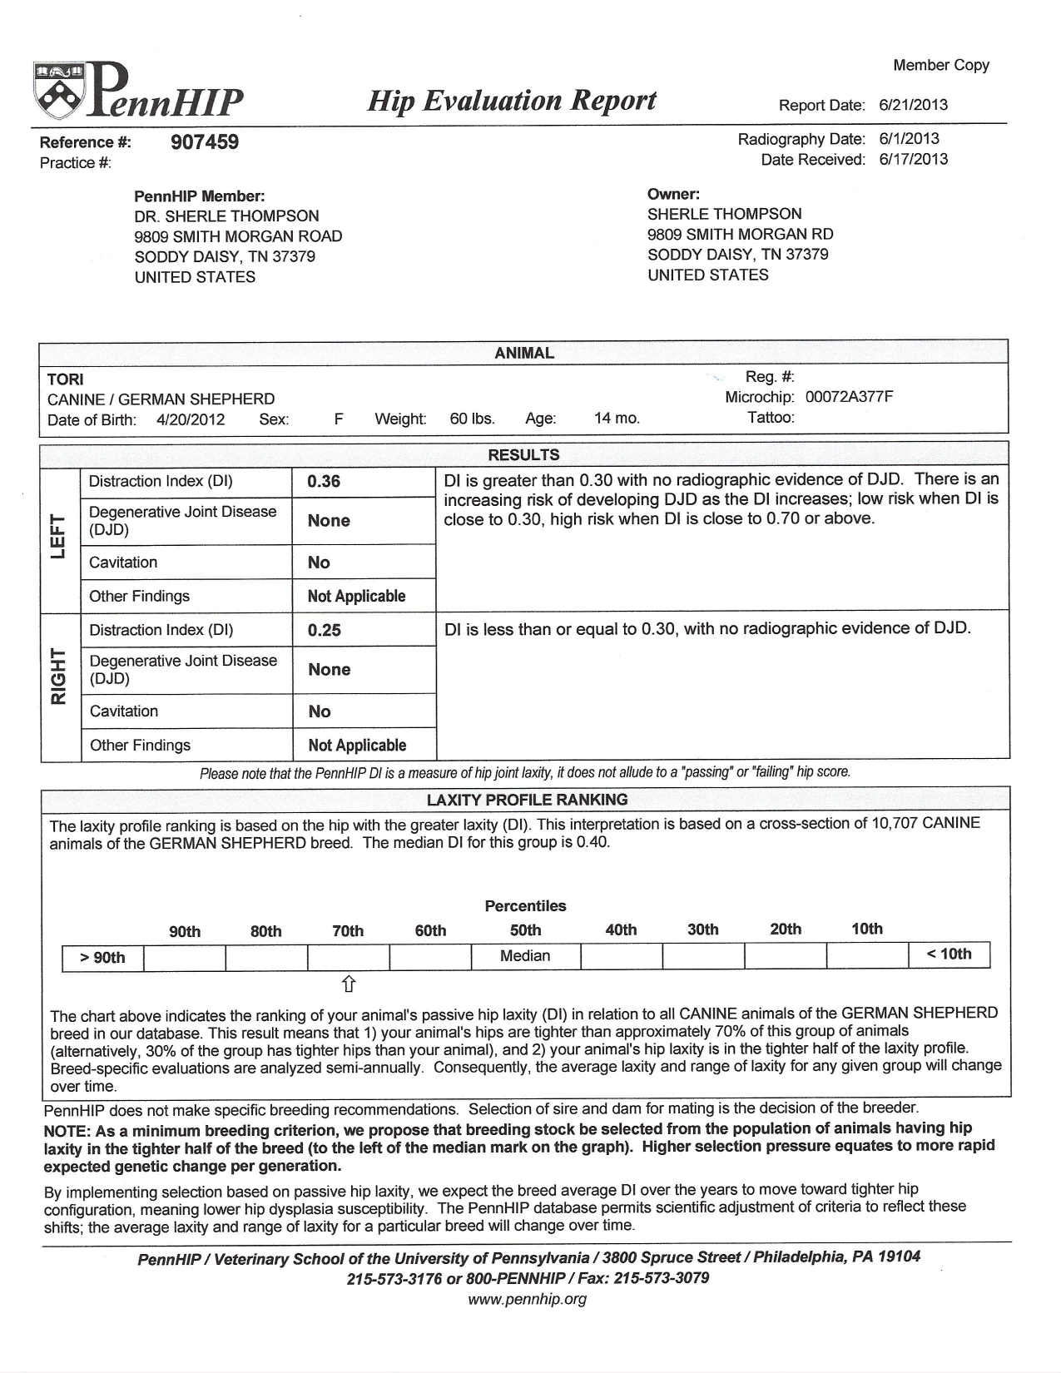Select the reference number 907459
click(x=205, y=142)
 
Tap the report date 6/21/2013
click(x=913, y=105)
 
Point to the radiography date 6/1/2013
click(x=909, y=139)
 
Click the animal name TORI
click(x=66, y=379)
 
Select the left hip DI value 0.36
click(x=324, y=482)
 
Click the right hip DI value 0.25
click(x=325, y=631)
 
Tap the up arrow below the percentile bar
click(x=349, y=984)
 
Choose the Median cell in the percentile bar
click(x=525, y=956)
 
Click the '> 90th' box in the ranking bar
click(x=102, y=958)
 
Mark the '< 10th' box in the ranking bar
click(x=949, y=954)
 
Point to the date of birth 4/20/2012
click(x=191, y=419)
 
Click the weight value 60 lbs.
click(x=472, y=419)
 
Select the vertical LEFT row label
click(x=58, y=537)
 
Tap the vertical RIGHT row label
click(x=58, y=676)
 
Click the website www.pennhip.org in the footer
click(x=528, y=1299)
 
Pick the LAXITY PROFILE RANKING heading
click(x=527, y=800)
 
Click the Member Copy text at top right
click(x=941, y=65)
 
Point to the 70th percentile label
click(x=348, y=931)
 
